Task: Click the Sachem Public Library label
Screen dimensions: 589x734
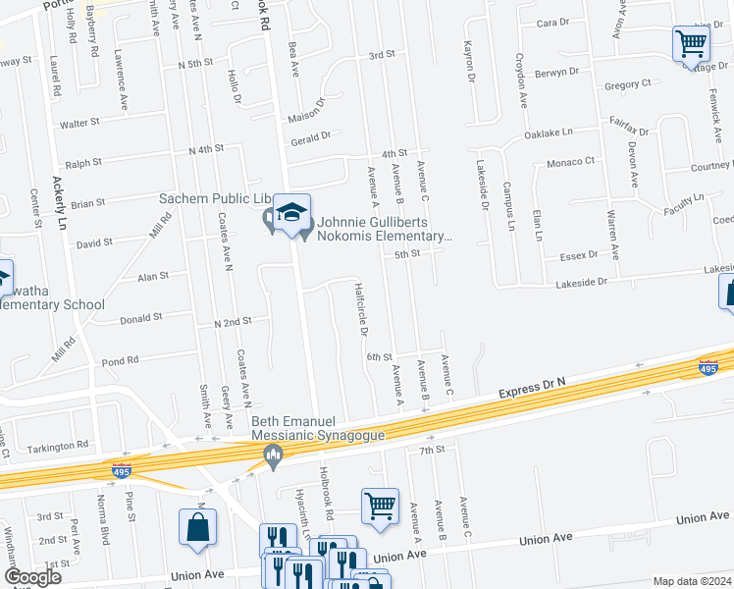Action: pyautogui.click(x=214, y=198)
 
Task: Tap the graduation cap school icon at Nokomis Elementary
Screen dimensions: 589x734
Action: pyautogui.click(x=291, y=213)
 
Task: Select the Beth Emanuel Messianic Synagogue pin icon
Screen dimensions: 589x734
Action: pyautogui.click(x=274, y=453)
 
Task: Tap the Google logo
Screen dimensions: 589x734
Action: pyautogui.click(x=32, y=577)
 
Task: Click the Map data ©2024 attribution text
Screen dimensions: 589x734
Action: pyautogui.click(x=692, y=581)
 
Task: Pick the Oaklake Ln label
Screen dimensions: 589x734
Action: pyautogui.click(x=548, y=133)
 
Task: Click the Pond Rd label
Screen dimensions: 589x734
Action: pyautogui.click(x=120, y=361)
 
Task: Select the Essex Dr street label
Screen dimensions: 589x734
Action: pyautogui.click(x=578, y=254)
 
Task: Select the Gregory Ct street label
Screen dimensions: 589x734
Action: pyautogui.click(x=628, y=85)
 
